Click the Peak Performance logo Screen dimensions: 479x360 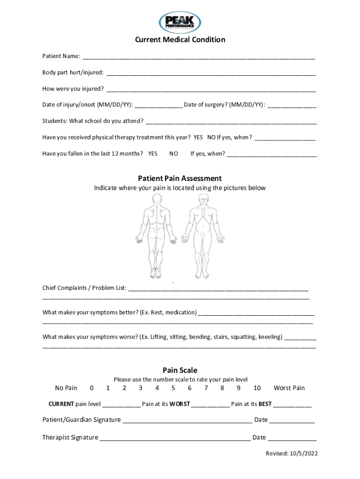180,23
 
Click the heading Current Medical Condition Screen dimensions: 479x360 180,40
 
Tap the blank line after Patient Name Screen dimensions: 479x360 199,57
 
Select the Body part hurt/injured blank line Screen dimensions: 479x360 211,73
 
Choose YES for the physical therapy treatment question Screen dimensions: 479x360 198,138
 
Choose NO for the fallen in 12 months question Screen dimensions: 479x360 173,154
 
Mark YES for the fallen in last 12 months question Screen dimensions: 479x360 152,154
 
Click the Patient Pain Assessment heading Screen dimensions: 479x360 180,179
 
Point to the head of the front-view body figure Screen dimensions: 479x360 202,199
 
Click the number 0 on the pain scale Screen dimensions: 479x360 92,388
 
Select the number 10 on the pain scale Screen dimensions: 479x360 257,388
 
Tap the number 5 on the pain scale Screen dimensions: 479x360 173,388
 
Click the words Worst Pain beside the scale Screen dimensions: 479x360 289,388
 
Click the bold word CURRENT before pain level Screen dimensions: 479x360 61,404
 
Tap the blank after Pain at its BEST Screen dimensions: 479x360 292,405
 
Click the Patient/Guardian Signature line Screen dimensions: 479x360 187,421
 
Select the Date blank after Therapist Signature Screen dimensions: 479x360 292,438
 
